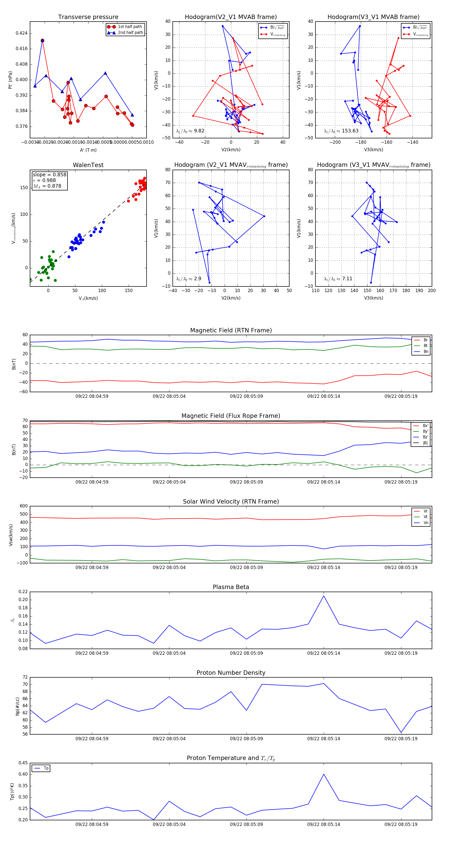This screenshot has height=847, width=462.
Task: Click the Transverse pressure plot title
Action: [88, 17]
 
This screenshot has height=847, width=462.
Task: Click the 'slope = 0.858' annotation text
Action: [49, 175]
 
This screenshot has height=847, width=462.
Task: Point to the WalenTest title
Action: [88, 165]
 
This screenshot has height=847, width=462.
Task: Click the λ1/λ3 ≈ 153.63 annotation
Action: [341, 131]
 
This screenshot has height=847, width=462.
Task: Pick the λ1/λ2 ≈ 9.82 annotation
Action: [190, 131]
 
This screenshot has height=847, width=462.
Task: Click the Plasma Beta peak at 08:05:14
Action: [324, 596]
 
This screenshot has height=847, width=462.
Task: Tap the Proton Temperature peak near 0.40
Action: [324, 774]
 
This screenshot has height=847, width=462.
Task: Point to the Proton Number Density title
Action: [231, 673]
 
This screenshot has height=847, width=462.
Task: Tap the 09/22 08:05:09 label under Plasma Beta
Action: [246, 653]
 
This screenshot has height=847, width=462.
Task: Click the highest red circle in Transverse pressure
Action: [42, 41]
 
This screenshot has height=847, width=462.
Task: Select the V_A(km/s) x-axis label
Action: [88, 298]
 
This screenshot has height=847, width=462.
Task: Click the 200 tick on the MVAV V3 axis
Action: [431, 291]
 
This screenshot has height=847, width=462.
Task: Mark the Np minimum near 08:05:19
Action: [401, 733]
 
